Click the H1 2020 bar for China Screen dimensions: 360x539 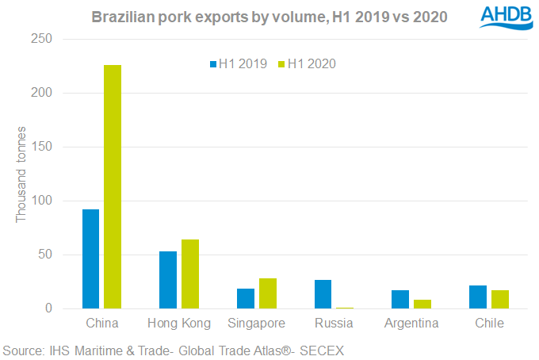pyautogui.click(x=112, y=187)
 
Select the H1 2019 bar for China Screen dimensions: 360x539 pyautogui.click(x=90, y=259)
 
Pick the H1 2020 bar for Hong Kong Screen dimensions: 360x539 pyautogui.click(x=189, y=274)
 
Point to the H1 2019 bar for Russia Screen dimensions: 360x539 pyautogui.click(x=323, y=294)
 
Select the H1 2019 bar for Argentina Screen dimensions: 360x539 pyautogui.click(x=401, y=300)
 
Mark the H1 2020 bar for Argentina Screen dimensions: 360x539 pyautogui.click(x=422, y=304)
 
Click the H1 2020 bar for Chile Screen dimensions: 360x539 pyautogui.click(x=500, y=300)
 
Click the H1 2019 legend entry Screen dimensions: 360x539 pyautogui.click(x=238, y=64)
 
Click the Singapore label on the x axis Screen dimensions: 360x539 pyautogui.click(x=257, y=324)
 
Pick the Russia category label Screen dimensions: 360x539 pyautogui.click(x=334, y=324)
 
